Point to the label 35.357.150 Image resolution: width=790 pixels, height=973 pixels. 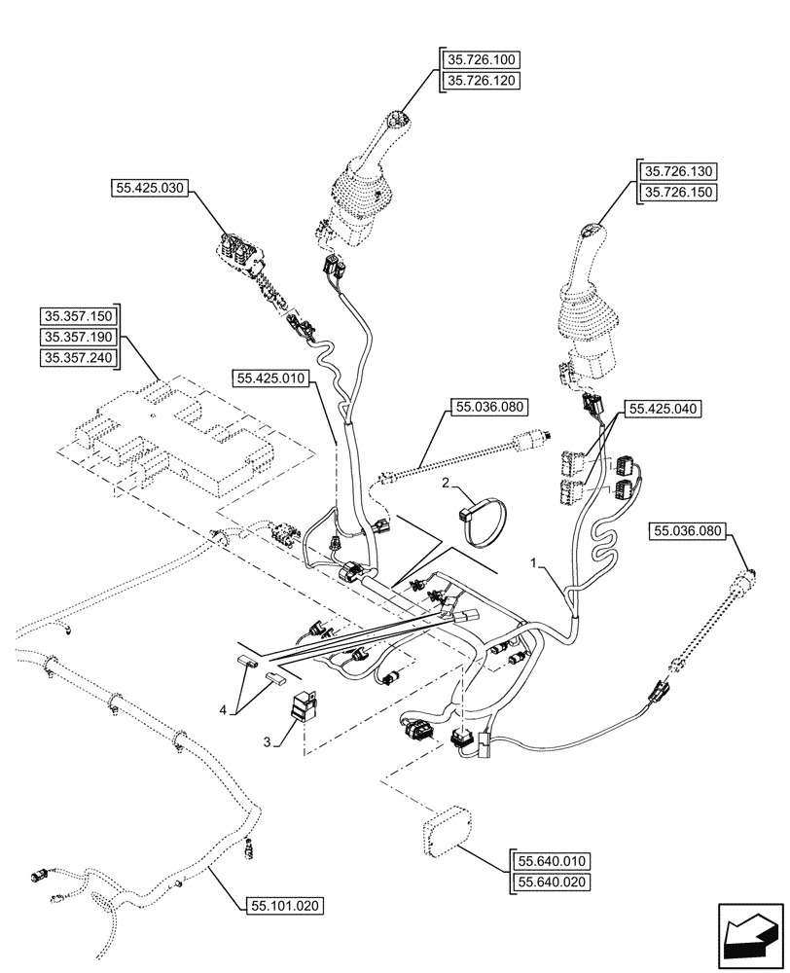[78, 316]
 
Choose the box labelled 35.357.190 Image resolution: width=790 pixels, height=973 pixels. [78, 337]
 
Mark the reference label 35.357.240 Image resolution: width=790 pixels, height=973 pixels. [78, 358]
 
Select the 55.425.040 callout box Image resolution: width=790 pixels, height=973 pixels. [664, 411]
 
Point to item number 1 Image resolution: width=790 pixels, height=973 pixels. [534, 563]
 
